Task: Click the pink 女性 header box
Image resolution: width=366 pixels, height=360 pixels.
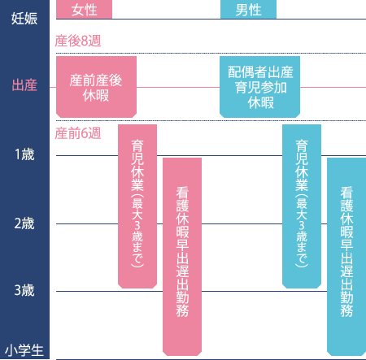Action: (x=84, y=9)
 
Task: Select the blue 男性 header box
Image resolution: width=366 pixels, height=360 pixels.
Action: (x=248, y=9)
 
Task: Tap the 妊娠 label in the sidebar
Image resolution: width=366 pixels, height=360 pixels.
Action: (x=24, y=19)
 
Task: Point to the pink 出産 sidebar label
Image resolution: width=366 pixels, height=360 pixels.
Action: (x=24, y=85)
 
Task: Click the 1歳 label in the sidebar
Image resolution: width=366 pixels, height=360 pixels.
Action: (x=24, y=154)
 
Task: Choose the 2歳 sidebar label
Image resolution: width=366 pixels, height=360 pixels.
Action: (x=24, y=223)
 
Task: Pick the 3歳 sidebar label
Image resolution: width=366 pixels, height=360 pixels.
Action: (x=24, y=290)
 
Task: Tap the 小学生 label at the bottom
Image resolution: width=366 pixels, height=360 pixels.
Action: (x=24, y=350)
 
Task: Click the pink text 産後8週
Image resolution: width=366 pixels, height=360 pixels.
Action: (x=78, y=41)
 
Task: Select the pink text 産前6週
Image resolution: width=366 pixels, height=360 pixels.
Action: (x=78, y=133)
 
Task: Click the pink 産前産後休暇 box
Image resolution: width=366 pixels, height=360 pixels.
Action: (x=96, y=87)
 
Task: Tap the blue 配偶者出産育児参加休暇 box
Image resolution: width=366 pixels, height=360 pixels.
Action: (x=259, y=87)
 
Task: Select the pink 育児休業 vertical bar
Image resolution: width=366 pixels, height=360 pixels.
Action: (x=137, y=206)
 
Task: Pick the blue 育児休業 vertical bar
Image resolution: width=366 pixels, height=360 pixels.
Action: (x=302, y=206)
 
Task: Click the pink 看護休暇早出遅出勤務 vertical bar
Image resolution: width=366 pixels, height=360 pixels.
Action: (x=182, y=257)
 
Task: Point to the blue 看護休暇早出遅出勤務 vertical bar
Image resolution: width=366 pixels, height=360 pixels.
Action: (x=346, y=257)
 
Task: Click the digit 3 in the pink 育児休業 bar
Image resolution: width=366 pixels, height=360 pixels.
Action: (x=137, y=225)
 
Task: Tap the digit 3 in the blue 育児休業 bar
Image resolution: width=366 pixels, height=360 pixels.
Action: (x=302, y=225)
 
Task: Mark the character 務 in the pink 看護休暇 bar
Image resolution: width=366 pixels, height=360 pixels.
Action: (x=182, y=310)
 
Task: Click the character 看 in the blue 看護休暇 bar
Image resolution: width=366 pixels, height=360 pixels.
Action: (x=346, y=193)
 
